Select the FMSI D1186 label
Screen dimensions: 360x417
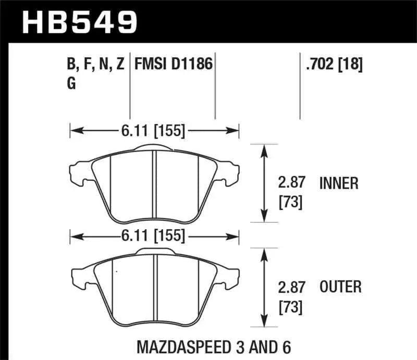pos(174,65)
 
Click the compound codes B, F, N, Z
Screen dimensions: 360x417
pos(95,65)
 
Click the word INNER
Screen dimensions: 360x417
pos(339,183)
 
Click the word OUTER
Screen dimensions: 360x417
pos(340,287)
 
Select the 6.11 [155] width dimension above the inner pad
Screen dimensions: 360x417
pos(154,131)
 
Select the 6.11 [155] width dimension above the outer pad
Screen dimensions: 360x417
pos(154,235)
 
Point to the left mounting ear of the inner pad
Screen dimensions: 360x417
pos(78,171)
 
